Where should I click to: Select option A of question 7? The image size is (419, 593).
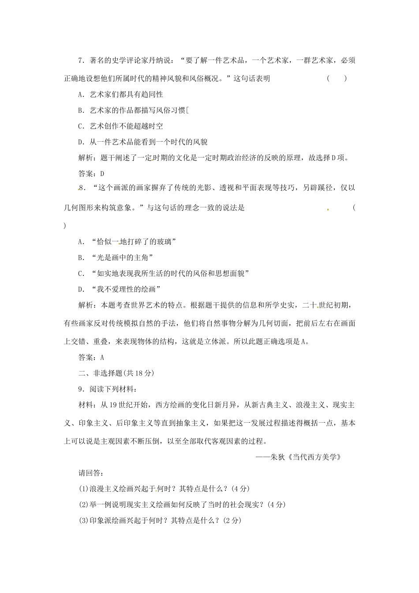pos(120,94)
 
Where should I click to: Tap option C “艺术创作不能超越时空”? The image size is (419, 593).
pos(120,126)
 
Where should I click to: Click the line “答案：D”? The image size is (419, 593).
pos(91,174)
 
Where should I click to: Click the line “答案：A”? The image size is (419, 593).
pos(91,357)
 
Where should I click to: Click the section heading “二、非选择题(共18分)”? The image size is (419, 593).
pos(116,373)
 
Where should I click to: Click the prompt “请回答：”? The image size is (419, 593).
pos(91,473)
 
